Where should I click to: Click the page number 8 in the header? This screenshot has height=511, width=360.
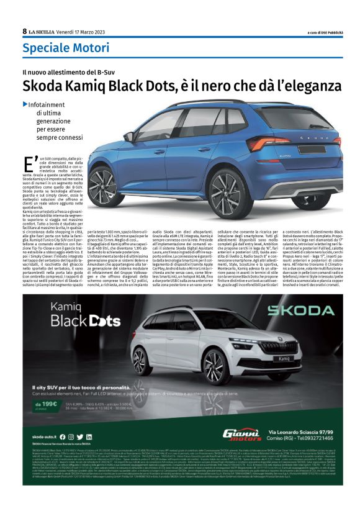point(24,30)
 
